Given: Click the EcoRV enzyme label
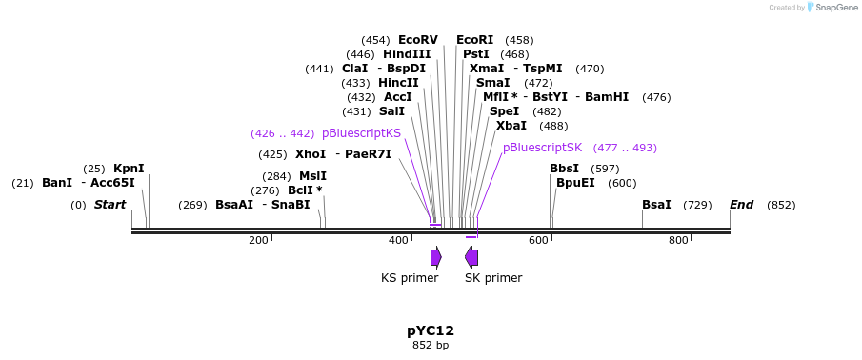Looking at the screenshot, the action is tap(417, 40).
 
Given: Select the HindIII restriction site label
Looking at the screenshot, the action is tap(407, 54).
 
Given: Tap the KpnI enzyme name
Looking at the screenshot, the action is tap(129, 169).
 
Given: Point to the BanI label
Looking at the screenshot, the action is tap(57, 183).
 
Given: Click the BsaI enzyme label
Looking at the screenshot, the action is tap(656, 205).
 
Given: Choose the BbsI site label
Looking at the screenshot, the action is tap(564, 169).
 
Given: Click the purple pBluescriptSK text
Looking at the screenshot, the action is tap(542, 148).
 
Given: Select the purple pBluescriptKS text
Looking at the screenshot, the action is tap(361, 133).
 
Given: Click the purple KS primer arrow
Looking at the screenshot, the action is tap(435, 256).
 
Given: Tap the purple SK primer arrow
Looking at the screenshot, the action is tap(471, 256).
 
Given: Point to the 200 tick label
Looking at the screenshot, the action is tap(258, 240).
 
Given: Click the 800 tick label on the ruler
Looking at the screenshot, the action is tap(678, 240).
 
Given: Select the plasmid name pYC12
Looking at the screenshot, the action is tap(431, 330).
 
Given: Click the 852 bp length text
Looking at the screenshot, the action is tap(431, 345).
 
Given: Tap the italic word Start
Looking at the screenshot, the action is tap(110, 205).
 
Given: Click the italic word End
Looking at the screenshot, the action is tap(742, 205).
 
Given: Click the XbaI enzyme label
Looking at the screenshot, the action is tap(511, 126).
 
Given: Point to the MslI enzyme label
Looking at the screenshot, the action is tap(312, 176).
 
